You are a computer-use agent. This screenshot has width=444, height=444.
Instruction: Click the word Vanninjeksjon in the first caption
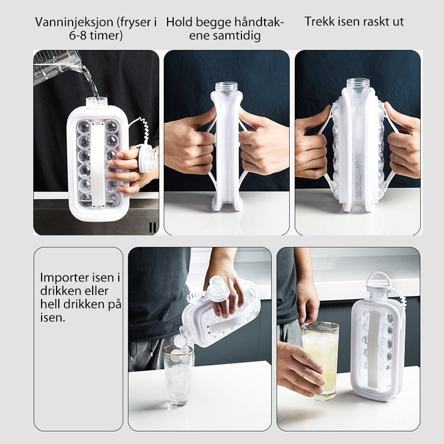(74, 22)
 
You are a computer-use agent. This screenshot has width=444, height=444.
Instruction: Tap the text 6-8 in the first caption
(78, 36)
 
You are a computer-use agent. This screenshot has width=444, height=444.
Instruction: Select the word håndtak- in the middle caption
(259, 22)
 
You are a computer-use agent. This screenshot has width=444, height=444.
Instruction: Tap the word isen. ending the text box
(53, 317)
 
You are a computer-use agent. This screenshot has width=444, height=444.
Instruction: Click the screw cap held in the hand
(148, 160)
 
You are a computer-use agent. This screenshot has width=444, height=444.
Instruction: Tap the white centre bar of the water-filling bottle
(98, 165)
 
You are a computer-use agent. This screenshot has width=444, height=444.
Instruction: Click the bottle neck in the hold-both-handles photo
(226, 89)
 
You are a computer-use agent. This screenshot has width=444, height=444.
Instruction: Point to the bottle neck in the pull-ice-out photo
(358, 85)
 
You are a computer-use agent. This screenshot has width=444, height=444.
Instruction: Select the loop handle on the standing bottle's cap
(378, 279)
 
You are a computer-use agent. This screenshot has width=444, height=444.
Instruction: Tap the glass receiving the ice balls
(178, 376)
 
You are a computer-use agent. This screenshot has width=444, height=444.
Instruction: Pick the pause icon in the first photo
(152, 227)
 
